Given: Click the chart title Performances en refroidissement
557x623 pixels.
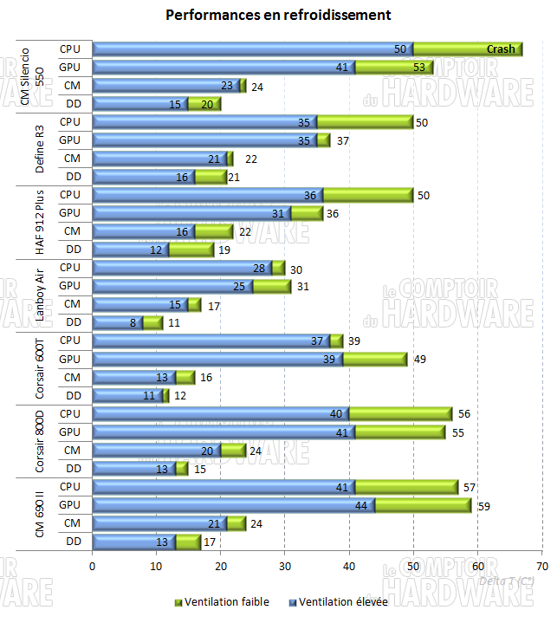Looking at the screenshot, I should [278, 16].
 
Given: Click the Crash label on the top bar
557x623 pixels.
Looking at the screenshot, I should [501, 49].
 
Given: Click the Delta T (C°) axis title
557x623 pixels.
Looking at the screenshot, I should [506, 581].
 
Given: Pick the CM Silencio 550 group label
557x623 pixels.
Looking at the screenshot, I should [29, 76].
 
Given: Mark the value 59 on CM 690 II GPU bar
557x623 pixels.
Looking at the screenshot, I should [485, 505].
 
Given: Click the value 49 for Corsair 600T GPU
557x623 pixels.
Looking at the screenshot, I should [421, 360].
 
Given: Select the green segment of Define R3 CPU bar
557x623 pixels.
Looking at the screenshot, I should [365, 122].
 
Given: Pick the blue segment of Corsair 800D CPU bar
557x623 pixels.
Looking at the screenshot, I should [220, 414].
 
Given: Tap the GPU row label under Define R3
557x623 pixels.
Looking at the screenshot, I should [70, 140].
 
